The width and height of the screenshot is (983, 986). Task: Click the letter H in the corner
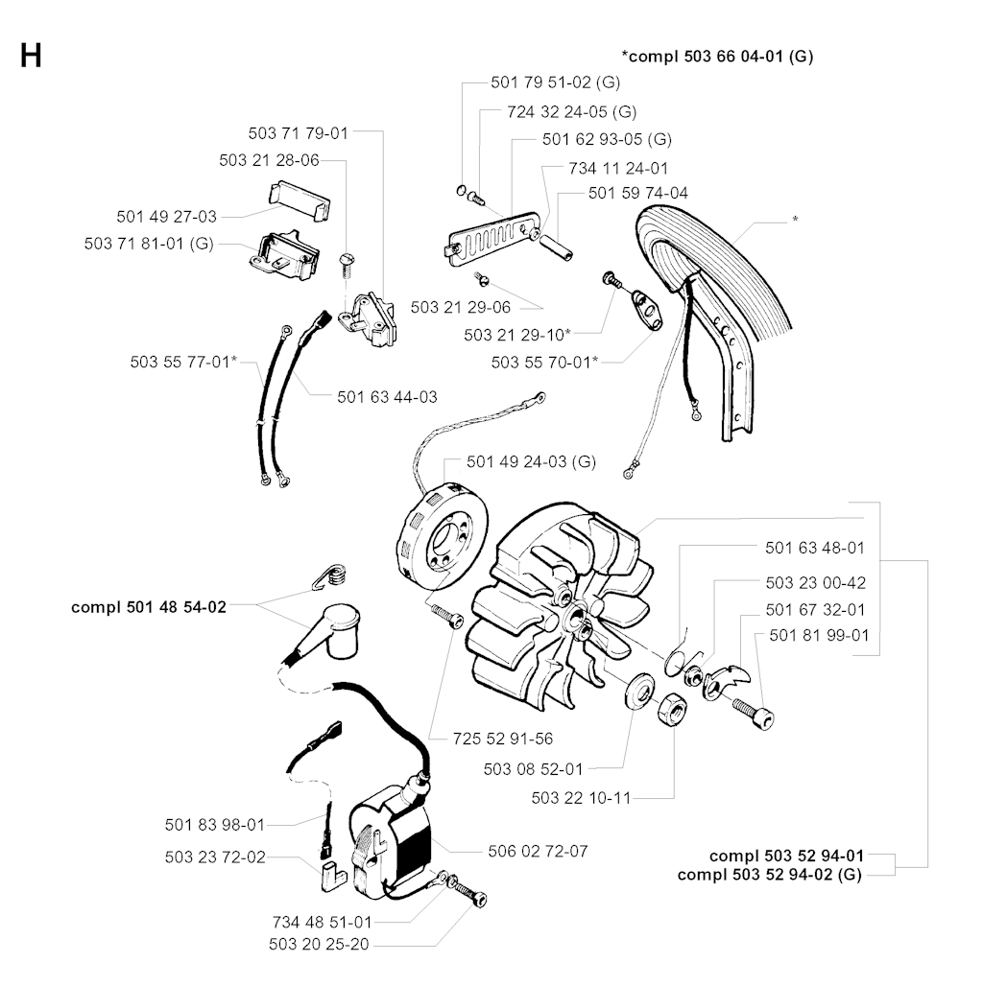pyautogui.click(x=31, y=56)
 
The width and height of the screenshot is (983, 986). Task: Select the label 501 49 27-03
pyautogui.click(x=166, y=217)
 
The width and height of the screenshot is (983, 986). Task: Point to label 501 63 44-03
pyautogui.click(x=387, y=395)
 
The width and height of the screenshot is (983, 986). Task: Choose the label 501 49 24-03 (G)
pyautogui.click(x=531, y=461)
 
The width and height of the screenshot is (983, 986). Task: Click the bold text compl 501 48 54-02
pyautogui.click(x=149, y=607)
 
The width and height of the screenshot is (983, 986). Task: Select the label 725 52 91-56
pyautogui.click(x=502, y=739)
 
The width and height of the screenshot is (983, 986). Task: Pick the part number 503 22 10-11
pyautogui.click(x=581, y=797)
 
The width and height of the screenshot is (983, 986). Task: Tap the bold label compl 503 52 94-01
pyautogui.click(x=786, y=856)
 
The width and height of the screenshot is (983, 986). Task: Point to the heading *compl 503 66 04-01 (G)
pyautogui.click(x=717, y=57)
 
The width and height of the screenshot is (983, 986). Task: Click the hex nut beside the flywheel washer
pyautogui.click(x=672, y=709)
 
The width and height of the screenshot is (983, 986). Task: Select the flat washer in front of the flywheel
pyautogui.click(x=637, y=691)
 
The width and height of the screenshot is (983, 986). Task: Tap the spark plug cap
pyautogui.click(x=326, y=633)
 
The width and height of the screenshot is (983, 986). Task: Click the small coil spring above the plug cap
pyautogui.click(x=329, y=578)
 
